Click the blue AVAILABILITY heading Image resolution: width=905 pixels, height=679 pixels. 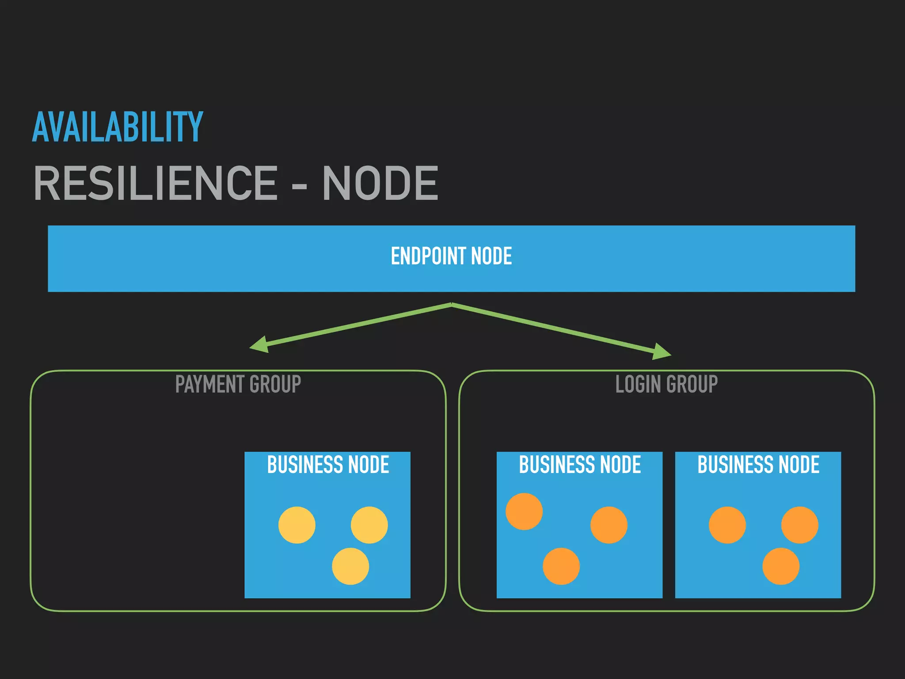tap(118, 127)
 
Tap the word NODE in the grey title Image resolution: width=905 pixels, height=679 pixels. tap(380, 183)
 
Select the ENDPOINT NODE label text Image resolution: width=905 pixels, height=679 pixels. tap(451, 256)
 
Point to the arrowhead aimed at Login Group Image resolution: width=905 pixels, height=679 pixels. tap(662, 352)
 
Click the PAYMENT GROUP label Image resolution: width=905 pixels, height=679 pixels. tap(238, 384)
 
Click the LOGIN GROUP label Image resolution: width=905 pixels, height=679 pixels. tap(666, 384)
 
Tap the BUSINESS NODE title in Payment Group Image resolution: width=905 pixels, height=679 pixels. tap(328, 465)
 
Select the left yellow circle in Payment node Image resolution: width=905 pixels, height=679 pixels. tap(297, 525)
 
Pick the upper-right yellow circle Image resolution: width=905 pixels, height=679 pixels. tap(369, 525)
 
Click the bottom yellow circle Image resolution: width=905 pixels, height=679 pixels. tap(350, 566)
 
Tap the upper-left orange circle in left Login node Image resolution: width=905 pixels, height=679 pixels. tap(524, 511)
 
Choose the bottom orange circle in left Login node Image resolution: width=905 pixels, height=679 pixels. tap(561, 566)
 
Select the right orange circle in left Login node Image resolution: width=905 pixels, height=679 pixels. tap(609, 525)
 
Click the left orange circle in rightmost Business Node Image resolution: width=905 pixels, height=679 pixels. tap(727, 525)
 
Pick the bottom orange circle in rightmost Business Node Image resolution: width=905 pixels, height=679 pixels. tap(781, 566)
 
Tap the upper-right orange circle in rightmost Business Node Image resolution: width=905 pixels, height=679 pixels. tap(800, 525)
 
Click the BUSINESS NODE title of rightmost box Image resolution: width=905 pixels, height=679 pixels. tap(758, 465)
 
